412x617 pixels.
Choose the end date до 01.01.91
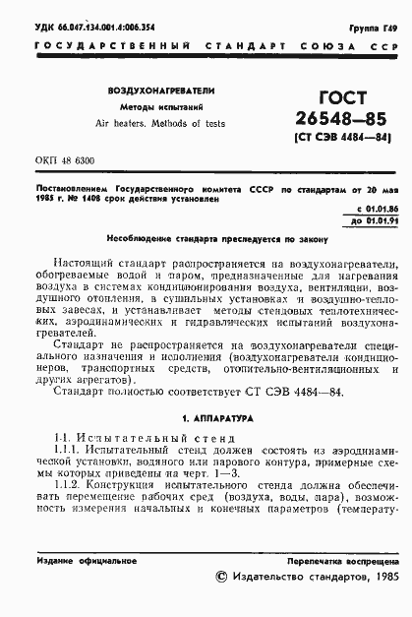375,222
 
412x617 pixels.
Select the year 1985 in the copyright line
379,579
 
